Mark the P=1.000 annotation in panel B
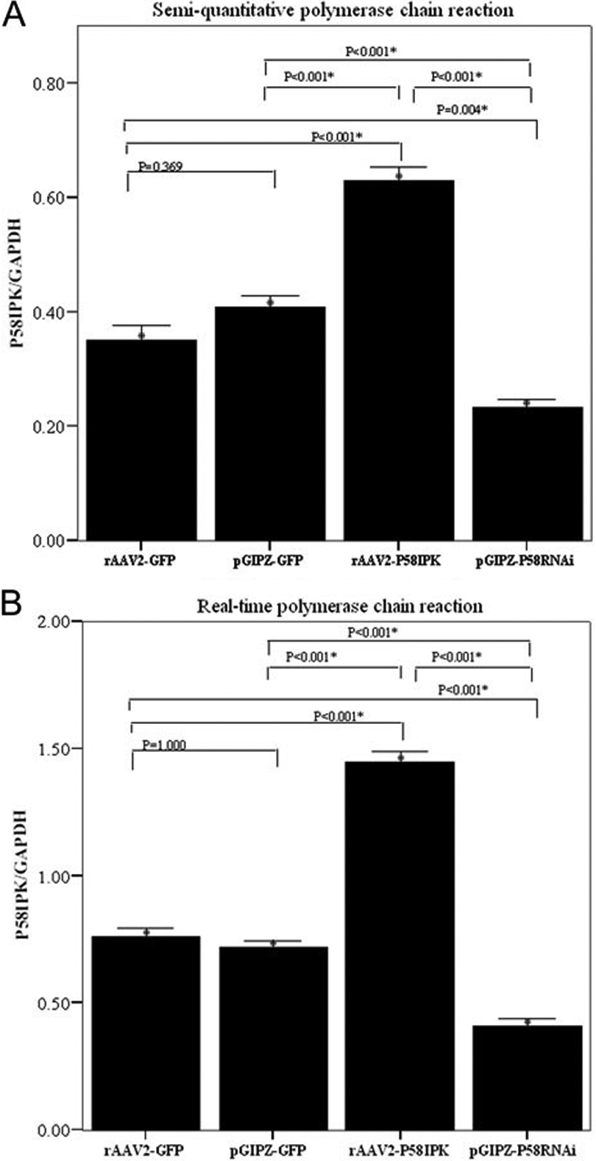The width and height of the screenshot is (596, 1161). pos(163,745)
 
